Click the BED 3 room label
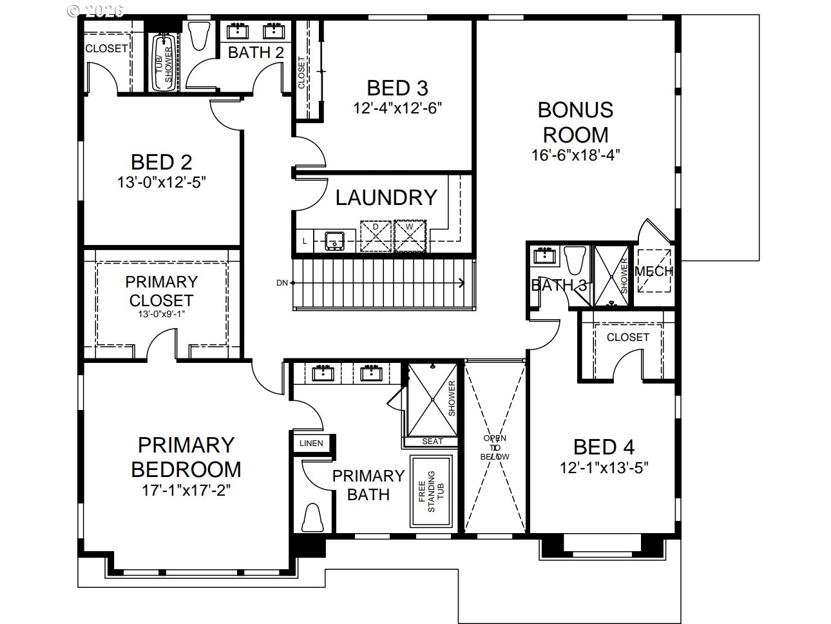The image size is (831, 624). click(397, 88)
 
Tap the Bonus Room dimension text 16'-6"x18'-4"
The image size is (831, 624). click(575, 155)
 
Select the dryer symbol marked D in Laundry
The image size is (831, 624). click(376, 236)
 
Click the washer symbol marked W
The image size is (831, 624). click(410, 236)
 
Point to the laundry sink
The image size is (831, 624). click(335, 241)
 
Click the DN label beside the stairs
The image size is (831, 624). click(282, 282)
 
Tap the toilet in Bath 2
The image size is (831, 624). click(199, 35)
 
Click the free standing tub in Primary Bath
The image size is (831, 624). click(431, 491)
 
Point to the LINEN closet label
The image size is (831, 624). click(311, 443)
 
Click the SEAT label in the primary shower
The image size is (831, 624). click(432, 442)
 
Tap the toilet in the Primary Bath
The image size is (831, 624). click(312, 517)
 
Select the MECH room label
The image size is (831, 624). click(654, 271)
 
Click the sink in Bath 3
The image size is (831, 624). click(545, 255)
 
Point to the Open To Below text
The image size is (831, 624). click(495, 447)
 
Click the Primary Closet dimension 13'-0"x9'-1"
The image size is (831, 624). click(162, 314)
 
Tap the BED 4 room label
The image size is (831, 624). click(604, 447)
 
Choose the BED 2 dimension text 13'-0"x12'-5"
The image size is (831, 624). click(162, 182)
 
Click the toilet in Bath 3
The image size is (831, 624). click(575, 260)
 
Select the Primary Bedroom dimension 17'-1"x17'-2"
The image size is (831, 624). click(186, 491)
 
